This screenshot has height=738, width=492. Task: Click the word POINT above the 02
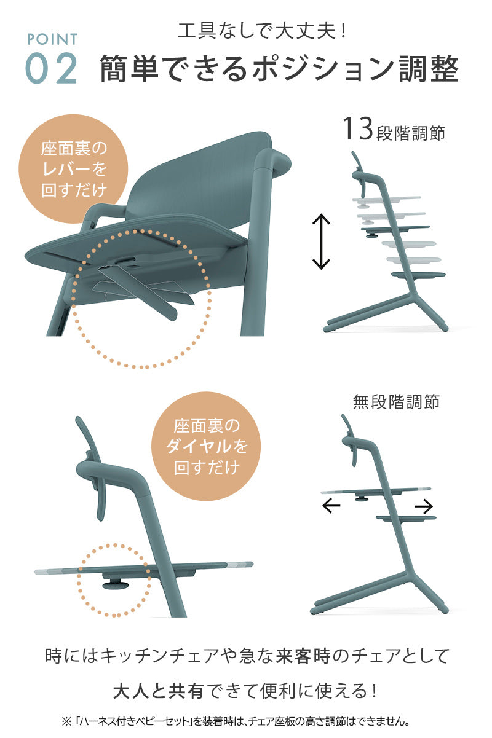tap(52, 39)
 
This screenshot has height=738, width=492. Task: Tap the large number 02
tap(52, 68)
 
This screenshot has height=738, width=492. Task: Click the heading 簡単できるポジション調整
tap(279, 69)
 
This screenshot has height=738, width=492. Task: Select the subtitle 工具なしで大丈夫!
tap(261, 31)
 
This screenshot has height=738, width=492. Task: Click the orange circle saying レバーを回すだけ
tap(73, 169)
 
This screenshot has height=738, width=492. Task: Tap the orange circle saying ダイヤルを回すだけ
tap(206, 446)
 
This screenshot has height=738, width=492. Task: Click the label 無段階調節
tap(396, 402)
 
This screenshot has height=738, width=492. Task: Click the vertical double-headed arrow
tap(321, 241)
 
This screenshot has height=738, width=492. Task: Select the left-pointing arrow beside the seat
tap(331, 506)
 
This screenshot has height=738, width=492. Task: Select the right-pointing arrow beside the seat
tap(424, 506)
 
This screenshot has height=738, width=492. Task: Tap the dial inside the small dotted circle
tap(115, 584)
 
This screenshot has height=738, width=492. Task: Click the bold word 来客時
tap(303, 656)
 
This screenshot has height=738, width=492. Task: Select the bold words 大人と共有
tap(157, 691)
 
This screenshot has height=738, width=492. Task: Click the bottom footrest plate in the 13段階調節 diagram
tap(418, 275)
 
